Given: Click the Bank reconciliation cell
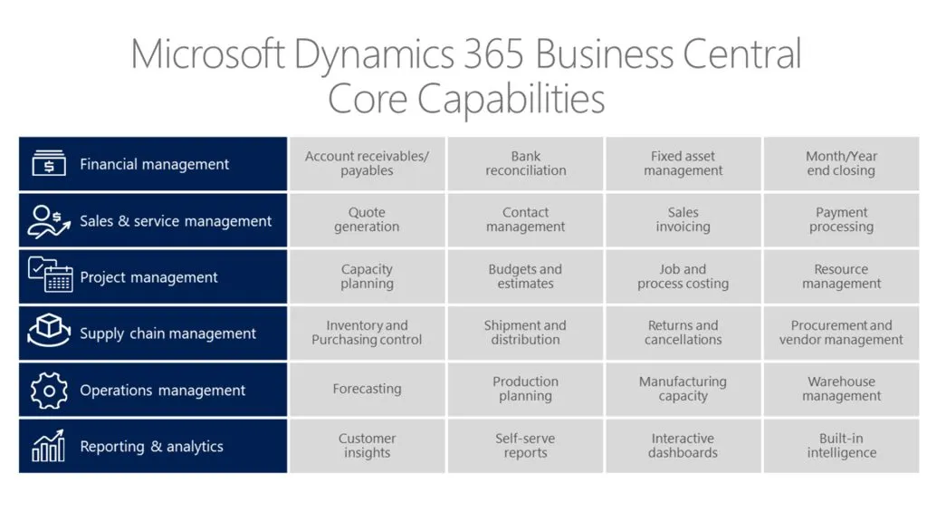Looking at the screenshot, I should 525,164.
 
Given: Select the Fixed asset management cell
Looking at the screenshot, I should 683,164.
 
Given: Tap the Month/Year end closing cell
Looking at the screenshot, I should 841,164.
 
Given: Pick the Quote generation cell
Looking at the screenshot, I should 367,220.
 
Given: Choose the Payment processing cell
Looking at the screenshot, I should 841,220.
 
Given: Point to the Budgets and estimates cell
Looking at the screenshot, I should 525,276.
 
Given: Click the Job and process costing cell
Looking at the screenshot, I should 683,276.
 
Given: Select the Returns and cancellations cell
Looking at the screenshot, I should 683,333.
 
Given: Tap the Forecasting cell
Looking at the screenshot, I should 367,389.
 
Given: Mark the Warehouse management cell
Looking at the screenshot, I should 841,389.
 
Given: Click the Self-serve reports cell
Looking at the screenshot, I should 525,446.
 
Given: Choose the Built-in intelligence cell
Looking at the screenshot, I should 841,446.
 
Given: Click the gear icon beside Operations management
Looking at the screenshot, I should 49,390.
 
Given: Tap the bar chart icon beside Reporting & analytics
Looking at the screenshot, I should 49,446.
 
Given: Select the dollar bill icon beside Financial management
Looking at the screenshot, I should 49,164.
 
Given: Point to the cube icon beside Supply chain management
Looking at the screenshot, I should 49,332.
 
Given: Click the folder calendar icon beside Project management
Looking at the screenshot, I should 50,275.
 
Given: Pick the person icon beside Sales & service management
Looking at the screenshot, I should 49,220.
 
